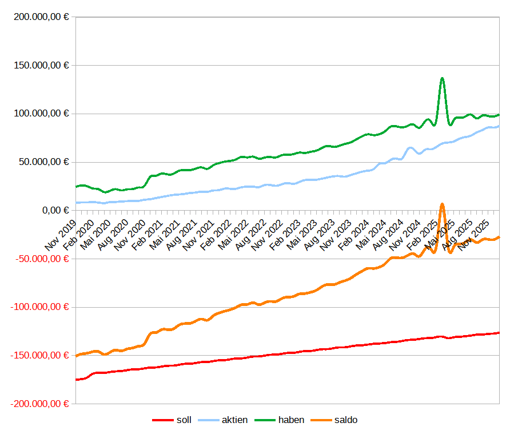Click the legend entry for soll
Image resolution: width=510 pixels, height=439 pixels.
pyautogui.click(x=184, y=420)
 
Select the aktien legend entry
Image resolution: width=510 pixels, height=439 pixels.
pyautogui.click(x=234, y=420)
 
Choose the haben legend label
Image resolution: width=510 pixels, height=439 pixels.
pyautogui.click(x=291, y=420)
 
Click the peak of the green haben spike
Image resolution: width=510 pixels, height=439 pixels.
pyautogui.click(x=442, y=78)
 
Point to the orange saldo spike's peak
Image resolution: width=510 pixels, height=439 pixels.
pyautogui.click(x=442, y=204)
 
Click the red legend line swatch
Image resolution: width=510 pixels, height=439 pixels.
pyautogui.click(x=163, y=421)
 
